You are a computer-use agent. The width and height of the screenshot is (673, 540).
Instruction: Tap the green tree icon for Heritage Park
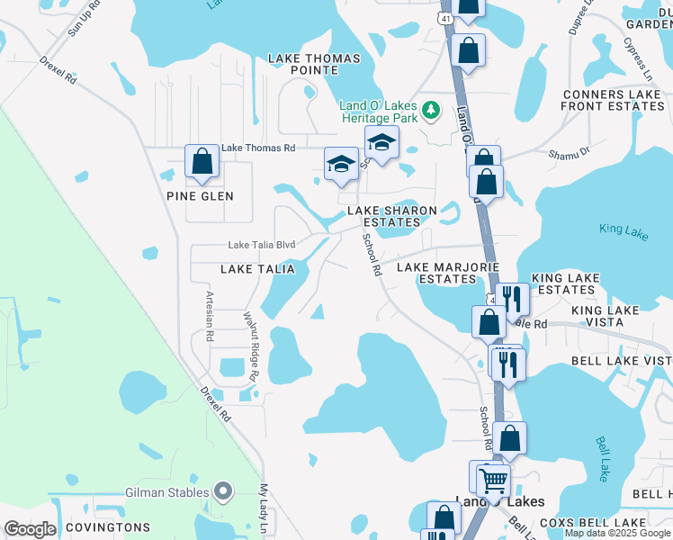pos(432,110)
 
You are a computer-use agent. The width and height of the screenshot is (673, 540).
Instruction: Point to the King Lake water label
pos(624,230)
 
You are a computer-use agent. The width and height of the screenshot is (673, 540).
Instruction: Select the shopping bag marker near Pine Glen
pos(202,162)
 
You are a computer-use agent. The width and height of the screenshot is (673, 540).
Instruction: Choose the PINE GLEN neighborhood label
pos(200,196)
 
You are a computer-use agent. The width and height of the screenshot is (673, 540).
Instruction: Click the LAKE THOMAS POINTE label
pos(314,66)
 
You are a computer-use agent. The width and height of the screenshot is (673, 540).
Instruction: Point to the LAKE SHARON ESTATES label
pos(393,218)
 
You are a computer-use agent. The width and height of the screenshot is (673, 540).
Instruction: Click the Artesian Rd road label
pos(210,316)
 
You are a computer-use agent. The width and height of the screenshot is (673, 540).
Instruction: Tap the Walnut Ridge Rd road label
pos(251,346)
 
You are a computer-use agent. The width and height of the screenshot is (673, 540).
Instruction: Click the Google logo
pos(30,529)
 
